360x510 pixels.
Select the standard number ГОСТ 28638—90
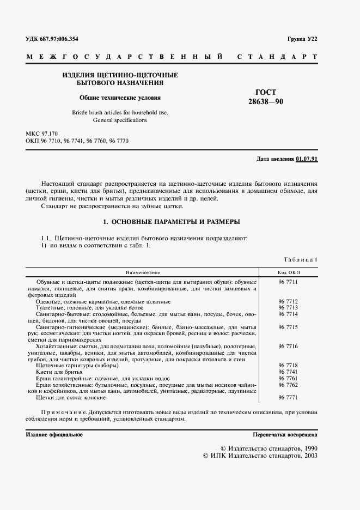coord(266,97)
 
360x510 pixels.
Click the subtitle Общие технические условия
coord(120,99)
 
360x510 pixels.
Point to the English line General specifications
coord(120,120)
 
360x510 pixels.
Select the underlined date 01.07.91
coord(307,159)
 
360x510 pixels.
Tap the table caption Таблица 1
coord(300,260)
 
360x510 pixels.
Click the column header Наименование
coord(143,272)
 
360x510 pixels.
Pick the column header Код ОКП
coord(289,272)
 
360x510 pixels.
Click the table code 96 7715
coord(289,327)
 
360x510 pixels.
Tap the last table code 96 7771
coord(289,398)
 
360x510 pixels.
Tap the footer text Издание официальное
coord(54,435)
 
